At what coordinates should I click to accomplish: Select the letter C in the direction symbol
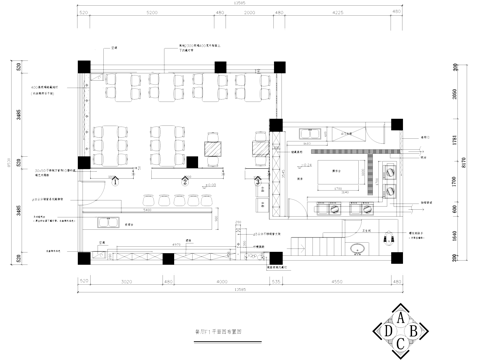coord(402,345)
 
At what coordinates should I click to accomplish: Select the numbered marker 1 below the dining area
coord(118,180)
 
